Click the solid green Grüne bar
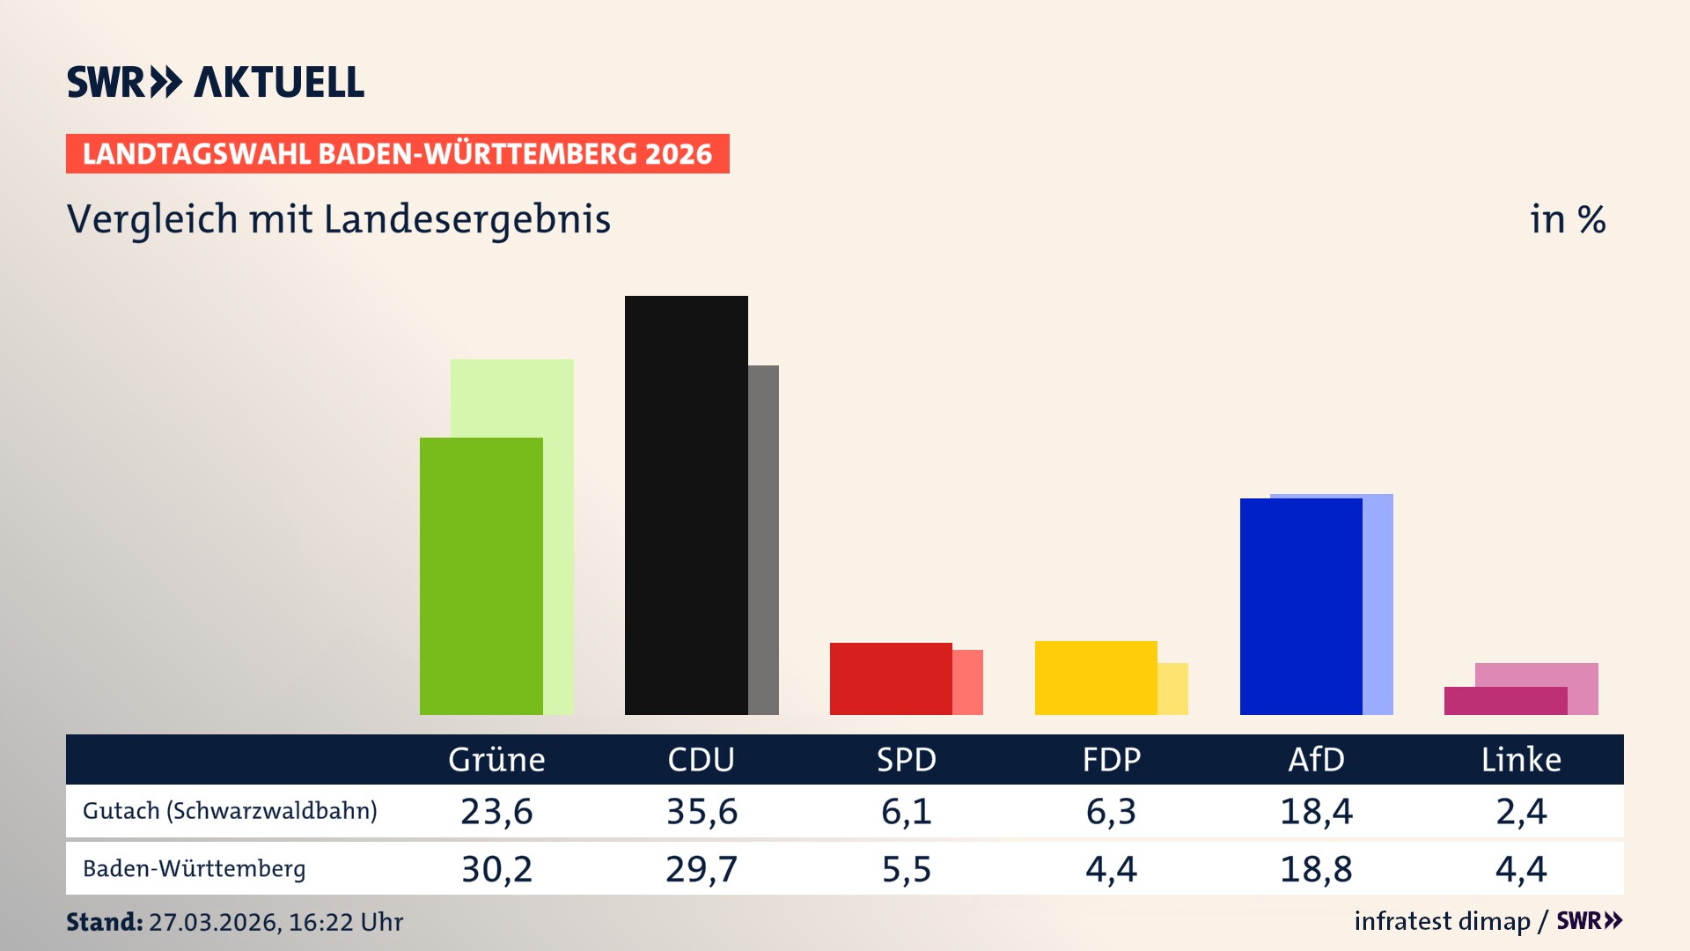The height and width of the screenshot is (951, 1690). (481, 576)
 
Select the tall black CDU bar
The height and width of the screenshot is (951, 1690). (686, 505)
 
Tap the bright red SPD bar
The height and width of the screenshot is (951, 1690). (890, 678)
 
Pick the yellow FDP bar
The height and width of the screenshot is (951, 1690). (1095, 677)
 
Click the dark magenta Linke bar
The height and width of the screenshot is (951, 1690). (1504, 701)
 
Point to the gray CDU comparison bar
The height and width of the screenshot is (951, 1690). (764, 539)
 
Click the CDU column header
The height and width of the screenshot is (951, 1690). (701, 760)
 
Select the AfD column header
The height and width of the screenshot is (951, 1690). (1316, 760)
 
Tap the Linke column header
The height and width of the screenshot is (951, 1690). (1520, 760)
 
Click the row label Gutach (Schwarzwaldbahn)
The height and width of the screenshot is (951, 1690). (230, 811)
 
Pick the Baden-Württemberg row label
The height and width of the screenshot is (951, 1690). (194, 869)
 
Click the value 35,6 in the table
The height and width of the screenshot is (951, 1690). (702, 811)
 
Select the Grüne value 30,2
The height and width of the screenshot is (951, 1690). (496, 869)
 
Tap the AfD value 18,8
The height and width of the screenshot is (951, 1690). (1316, 869)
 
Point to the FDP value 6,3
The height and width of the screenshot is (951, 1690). (1111, 811)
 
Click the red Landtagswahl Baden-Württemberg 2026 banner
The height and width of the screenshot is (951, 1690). (397, 154)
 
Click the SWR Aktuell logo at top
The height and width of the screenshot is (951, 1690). (215, 82)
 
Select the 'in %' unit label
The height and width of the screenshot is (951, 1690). (1567, 219)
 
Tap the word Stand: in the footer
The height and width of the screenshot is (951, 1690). (104, 922)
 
